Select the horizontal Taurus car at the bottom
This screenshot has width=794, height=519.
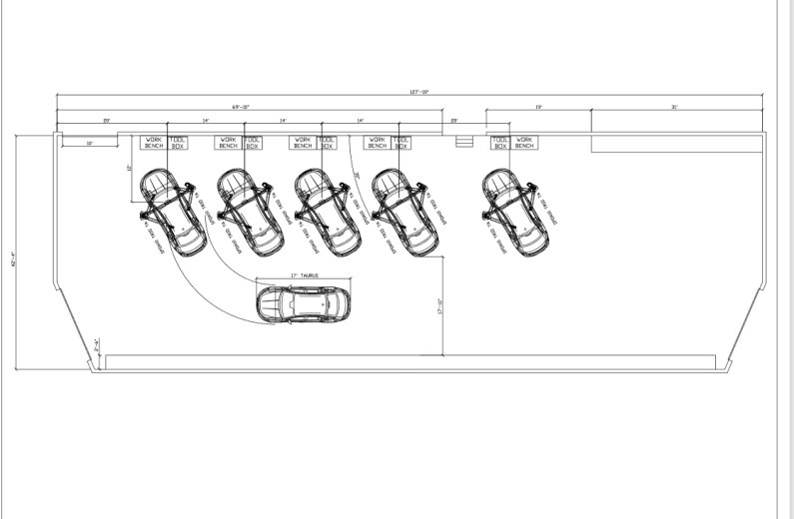pyautogui.click(x=304, y=304)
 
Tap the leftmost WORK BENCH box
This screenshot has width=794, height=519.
pyautogui.click(x=154, y=143)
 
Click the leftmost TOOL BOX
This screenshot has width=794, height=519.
pyautogui.click(x=178, y=143)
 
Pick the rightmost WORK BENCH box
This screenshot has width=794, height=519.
pyautogui.click(x=524, y=143)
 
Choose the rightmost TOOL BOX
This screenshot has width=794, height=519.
pyautogui.click(x=500, y=143)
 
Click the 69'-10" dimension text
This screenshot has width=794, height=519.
pyautogui.click(x=241, y=106)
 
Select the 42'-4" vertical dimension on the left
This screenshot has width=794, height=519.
pyautogui.click(x=12, y=261)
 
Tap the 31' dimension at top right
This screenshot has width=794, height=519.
pyautogui.click(x=675, y=106)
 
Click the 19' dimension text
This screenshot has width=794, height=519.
pyautogui.click(x=537, y=106)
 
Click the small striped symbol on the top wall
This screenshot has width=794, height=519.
pyautogui.click(x=462, y=142)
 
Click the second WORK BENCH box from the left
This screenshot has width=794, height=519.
pyautogui.click(x=228, y=143)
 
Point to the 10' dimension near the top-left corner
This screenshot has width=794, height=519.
pyautogui.click(x=89, y=144)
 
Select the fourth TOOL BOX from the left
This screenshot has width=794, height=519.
pyautogui.click(x=400, y=143)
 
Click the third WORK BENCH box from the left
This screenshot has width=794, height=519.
pyautogui.click(x=303, y=143)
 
